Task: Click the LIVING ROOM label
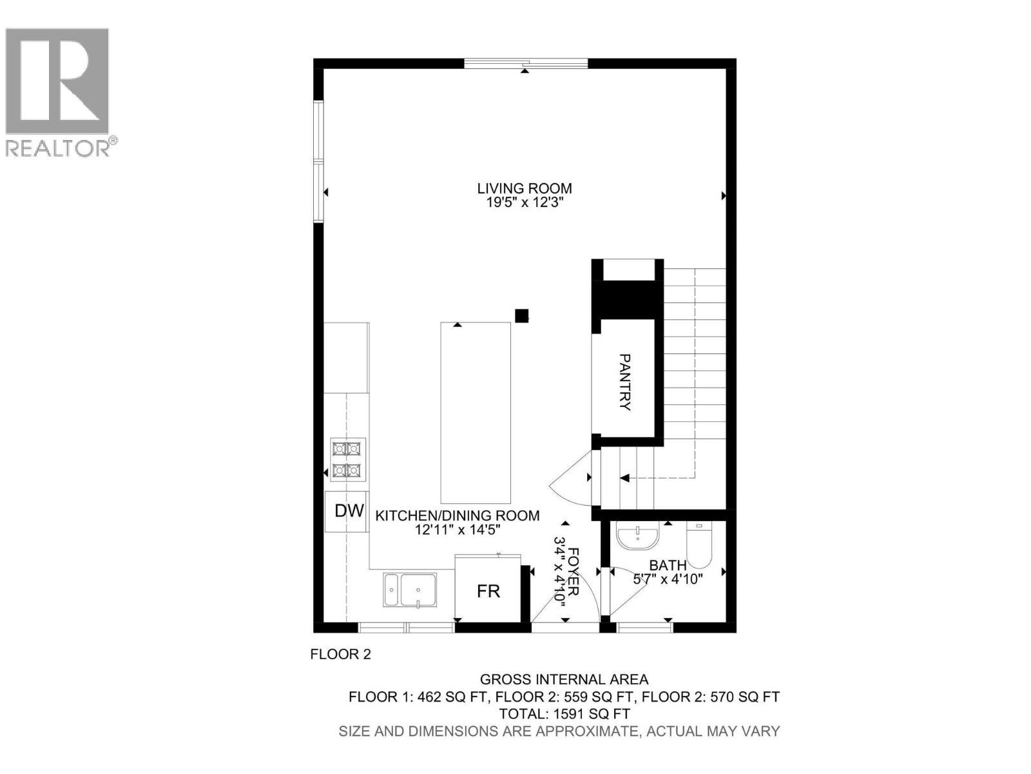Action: tap(525, 188)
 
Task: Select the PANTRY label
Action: tap(624, 382)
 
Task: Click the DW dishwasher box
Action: tap(349, 511)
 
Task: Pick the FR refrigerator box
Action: tap(488, 591)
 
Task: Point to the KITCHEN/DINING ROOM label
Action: tap(458, 515)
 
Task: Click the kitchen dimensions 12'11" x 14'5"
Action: tap(458, 530)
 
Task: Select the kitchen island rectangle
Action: tap(476, 413)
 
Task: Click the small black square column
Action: tap(521, 315)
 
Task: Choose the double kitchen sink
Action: tap(410, 590)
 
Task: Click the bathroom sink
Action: tap(637, 536)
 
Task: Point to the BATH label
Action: tap(668, 566)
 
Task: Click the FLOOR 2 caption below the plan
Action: tap(341, 654)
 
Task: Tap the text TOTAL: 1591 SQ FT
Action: tap(564, 714)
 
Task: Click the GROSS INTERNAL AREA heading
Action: tap(564, 679)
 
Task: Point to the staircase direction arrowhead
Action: tap(624, 478)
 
